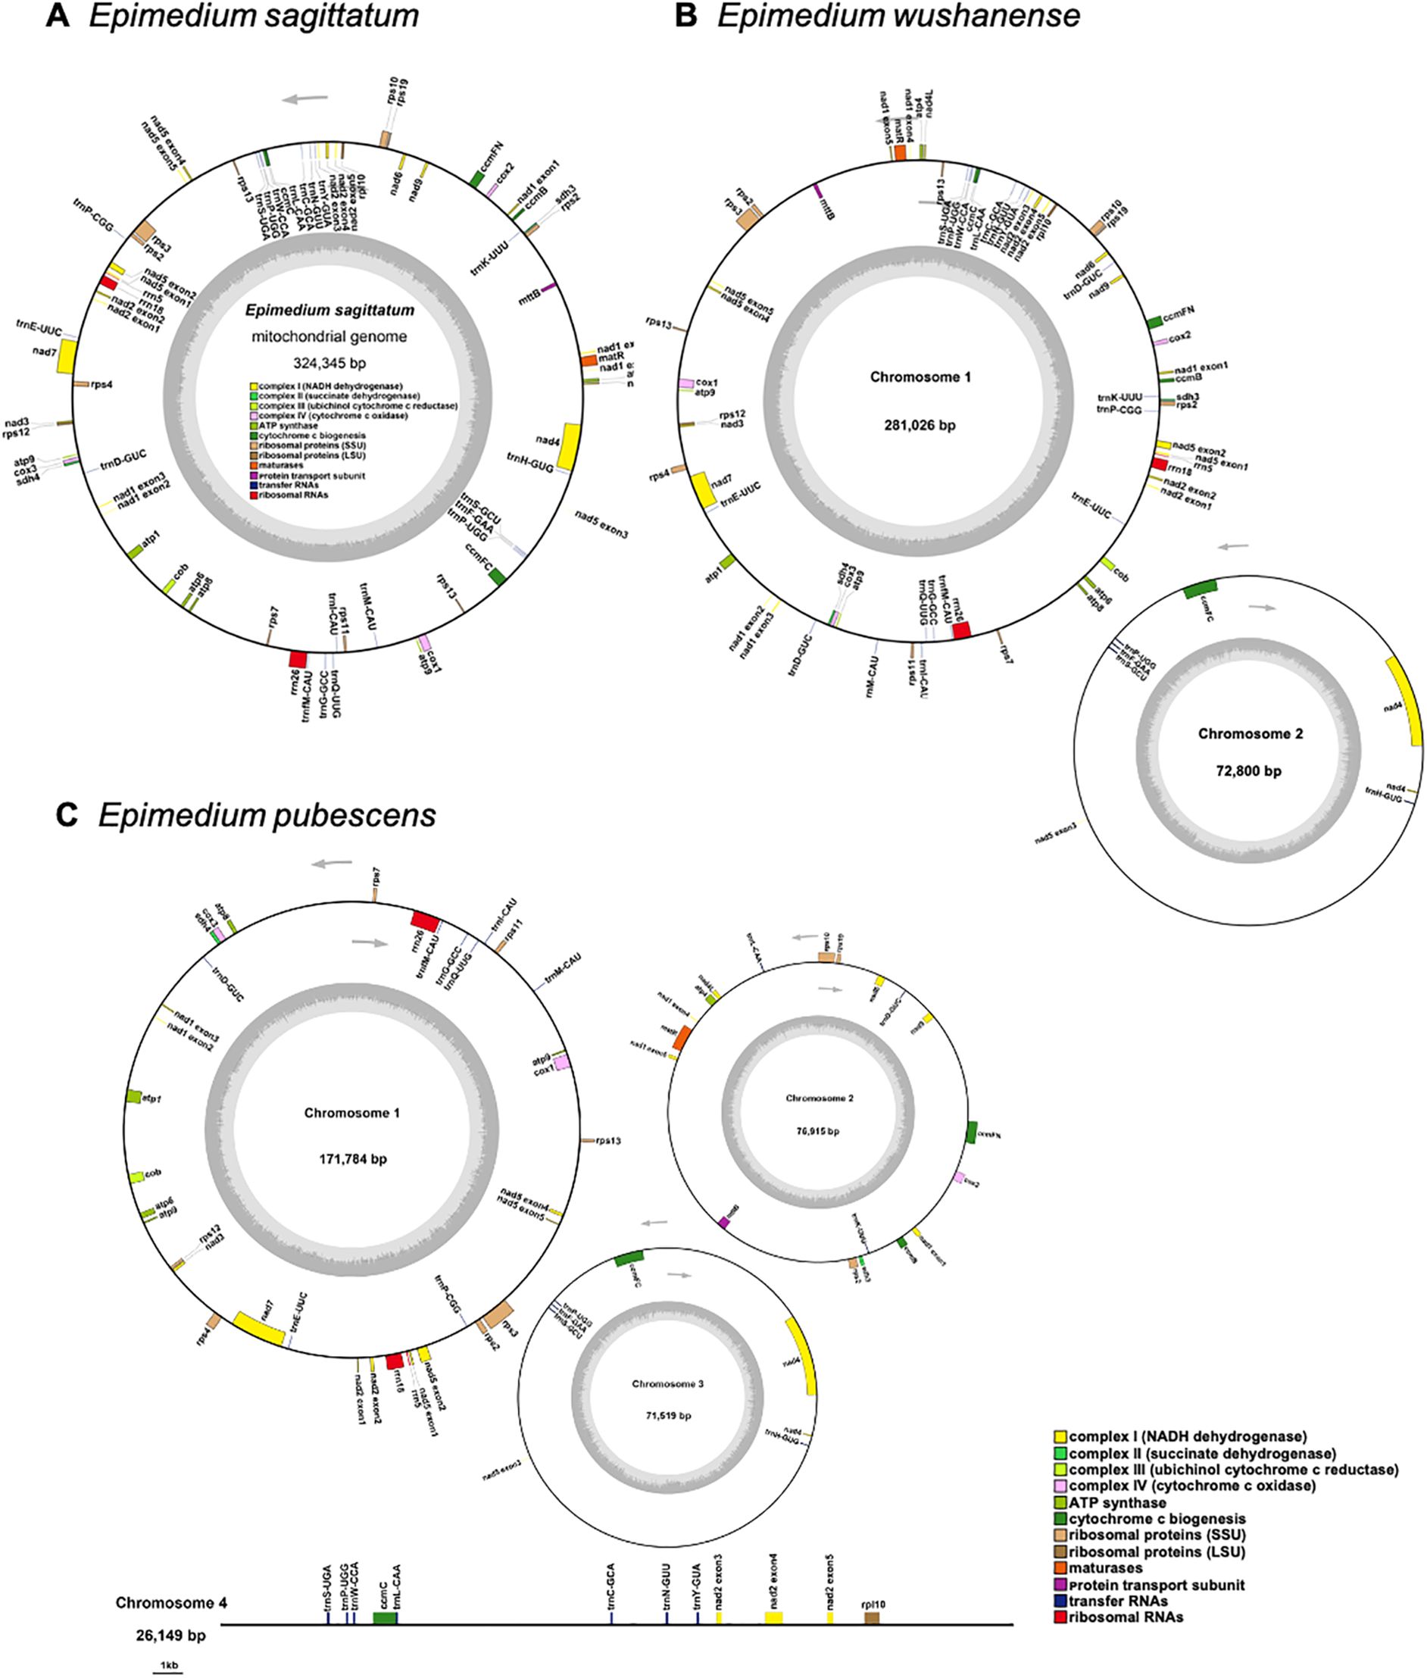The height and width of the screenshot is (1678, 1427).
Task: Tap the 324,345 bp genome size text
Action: pyautogui.click(x=329, y=364)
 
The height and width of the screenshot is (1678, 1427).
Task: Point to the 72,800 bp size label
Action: pyautogui.click(x=1248, y=770)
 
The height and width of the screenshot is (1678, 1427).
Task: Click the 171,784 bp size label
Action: pyautogui.click(x=352, y=1158)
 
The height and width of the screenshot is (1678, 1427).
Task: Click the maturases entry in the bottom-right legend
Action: pyautogui.click(x=1106, y=1568)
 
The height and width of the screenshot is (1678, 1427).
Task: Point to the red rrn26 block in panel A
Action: pyautogui.click(x=298, y=658)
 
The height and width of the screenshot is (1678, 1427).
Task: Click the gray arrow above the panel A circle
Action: pyautogui.click(x=306, y=98)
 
